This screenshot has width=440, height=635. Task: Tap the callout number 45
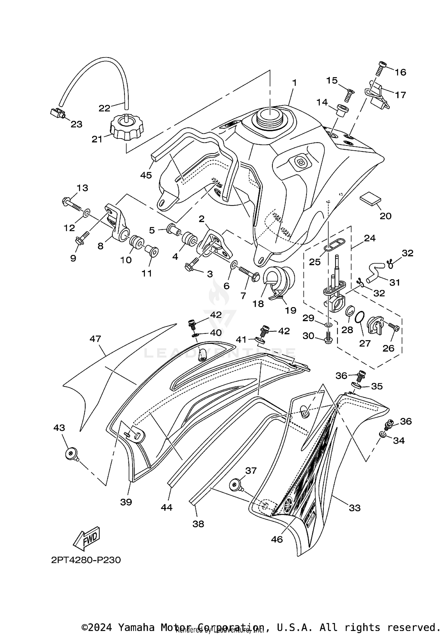[146, 175]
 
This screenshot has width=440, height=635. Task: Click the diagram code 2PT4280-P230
[86, 560]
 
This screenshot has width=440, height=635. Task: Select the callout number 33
[354, 508]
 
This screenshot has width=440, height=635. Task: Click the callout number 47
[95, 339]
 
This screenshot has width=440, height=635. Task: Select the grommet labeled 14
[342, 111]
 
